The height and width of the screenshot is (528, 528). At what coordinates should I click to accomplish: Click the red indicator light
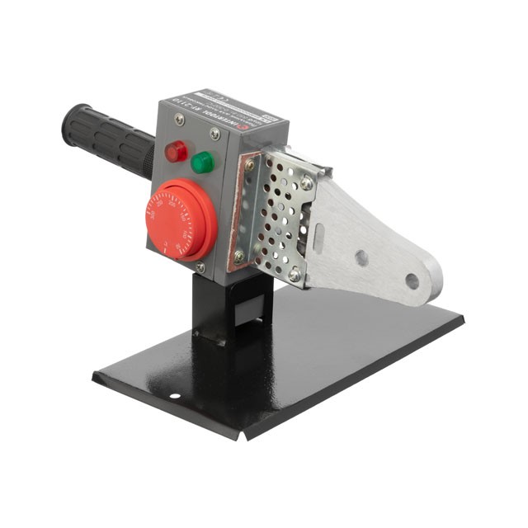[175, 152]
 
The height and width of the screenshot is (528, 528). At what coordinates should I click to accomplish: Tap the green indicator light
[202, 162]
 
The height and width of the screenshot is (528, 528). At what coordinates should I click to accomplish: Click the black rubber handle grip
[107, 139]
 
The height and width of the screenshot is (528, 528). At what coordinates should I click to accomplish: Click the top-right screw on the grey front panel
[215, 133]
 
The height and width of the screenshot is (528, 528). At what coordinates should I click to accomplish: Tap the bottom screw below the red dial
[200, 267]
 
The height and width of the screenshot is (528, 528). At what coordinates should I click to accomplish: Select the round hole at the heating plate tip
[412, 281]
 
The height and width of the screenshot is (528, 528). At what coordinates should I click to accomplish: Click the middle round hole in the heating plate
[361, 258]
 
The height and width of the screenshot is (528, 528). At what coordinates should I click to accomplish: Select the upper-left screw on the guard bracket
[250, 165]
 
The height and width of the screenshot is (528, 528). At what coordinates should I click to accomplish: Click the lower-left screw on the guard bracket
[239, 257]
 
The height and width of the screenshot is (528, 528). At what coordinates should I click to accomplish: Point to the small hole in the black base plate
[174, 395]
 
